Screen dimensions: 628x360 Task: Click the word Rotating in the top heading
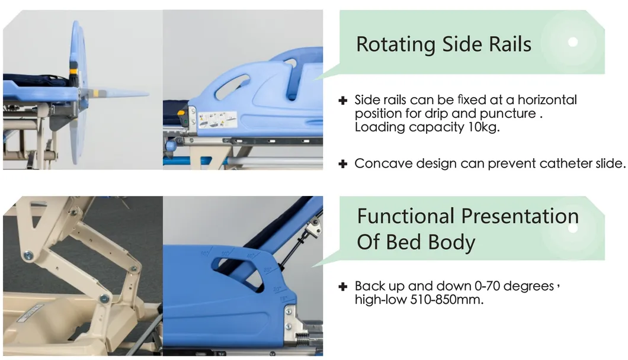pyautogui.click(x=396, y=44)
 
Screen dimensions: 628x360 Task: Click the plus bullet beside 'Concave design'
pyautogui.click(x=343, y=164)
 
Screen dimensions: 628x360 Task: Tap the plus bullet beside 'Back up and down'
pyautogui.click(x=343, y=287)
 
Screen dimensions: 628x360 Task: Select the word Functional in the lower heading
pyautogui.click(x=406, y=216)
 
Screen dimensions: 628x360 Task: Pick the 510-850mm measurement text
pyautogui.click(x=447, y=300)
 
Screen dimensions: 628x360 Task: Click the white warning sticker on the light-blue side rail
pyautogui.click(x=217, y=120)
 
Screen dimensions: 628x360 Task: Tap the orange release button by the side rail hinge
pyautogui.click(x=181, y=113)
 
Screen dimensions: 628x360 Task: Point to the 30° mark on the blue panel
pyautogui.click(x=267, y=271)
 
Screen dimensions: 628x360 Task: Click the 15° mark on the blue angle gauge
pyautogui.click(x=283, y=299)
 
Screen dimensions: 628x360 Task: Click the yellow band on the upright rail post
pyautogui.click(x=73, y=71)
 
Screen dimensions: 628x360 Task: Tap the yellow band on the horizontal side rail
pyautogui.click(x=96, y=94)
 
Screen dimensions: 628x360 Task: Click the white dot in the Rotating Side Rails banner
pyautogui.click(x=573, y=41)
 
